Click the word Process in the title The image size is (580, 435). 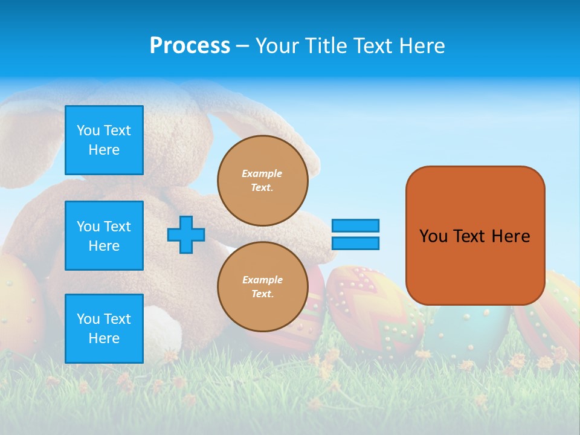click(190, 46)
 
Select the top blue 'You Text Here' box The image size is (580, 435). click(104, 140)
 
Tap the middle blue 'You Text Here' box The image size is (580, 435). click(104, 236)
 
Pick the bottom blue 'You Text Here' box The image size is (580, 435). click(104, 328)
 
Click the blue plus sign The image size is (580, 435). click(186, 234)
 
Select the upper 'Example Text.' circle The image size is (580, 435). click(262, 181)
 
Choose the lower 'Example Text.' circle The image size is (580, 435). click(262, 287)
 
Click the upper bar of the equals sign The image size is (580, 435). click(355, 225)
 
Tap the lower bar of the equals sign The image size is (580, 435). click(355, 243)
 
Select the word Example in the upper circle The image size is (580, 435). click(262, 173)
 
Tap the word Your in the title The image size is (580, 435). click(277, 46)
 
